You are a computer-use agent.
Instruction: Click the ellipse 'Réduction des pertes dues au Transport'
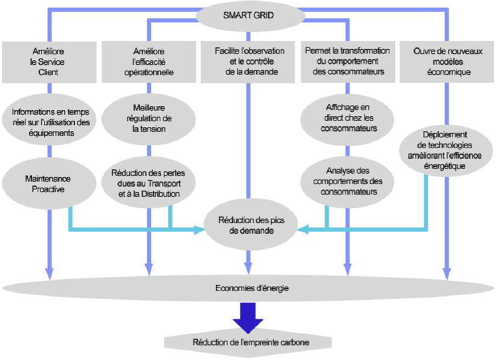tap(149, 183)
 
